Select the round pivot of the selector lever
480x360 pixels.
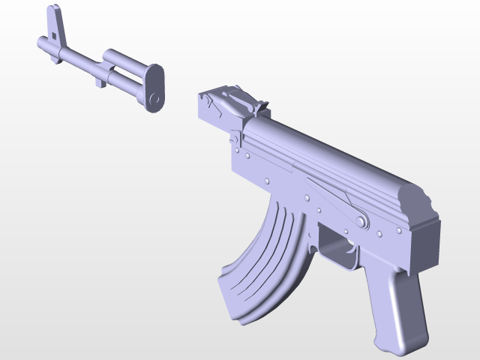click(361, 221)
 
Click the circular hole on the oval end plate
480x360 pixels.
click(155, 98)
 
